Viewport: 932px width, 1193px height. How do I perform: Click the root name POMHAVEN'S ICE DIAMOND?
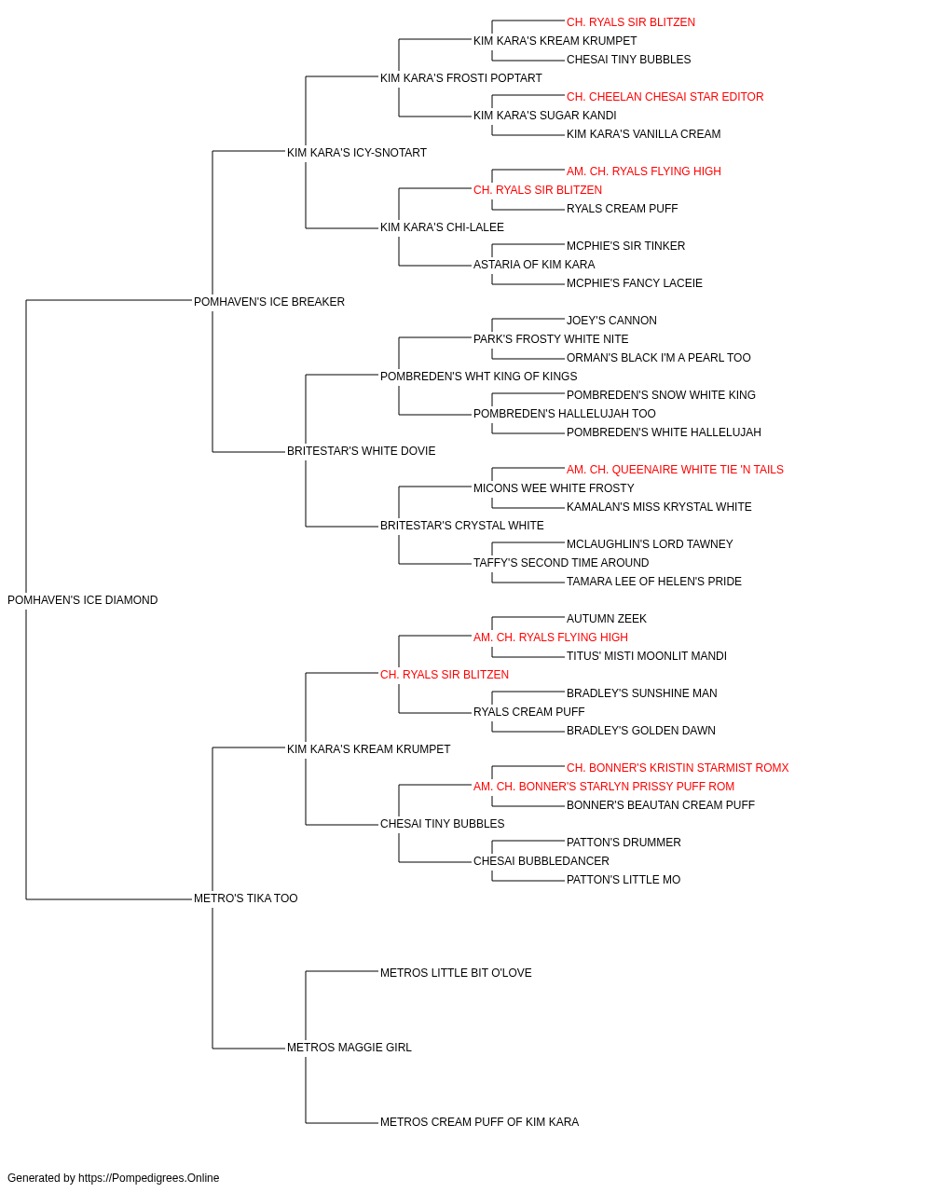82,600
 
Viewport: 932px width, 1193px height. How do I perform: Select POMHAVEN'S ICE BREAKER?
269,302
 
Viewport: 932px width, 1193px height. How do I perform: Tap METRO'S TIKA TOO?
245,898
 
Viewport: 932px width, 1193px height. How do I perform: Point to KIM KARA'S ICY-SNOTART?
357,153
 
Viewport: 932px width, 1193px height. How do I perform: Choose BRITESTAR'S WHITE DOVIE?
362,451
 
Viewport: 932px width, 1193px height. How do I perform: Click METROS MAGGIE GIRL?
349,1048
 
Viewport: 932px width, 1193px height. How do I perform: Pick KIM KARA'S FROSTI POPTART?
461,78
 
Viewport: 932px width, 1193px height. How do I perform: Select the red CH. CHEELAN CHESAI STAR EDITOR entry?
665,97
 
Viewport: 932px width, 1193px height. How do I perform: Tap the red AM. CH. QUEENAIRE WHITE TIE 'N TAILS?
675,470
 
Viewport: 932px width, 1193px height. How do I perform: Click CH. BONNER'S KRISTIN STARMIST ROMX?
678,767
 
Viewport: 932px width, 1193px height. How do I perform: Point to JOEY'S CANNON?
611,320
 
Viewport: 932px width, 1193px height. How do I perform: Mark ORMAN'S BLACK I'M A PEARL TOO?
659,357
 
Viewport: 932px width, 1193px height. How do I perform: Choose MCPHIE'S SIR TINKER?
625,245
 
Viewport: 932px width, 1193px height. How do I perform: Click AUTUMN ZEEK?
607,619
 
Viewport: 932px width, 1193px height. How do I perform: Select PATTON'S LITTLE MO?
624,880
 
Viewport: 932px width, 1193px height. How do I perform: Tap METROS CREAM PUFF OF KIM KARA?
480,1122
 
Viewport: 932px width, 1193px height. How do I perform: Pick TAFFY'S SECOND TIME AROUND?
561,563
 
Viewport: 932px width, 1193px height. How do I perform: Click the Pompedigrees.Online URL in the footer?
149,1178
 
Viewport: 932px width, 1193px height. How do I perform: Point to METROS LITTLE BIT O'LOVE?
456,973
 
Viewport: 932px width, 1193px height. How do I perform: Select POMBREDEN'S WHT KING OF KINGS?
479,376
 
